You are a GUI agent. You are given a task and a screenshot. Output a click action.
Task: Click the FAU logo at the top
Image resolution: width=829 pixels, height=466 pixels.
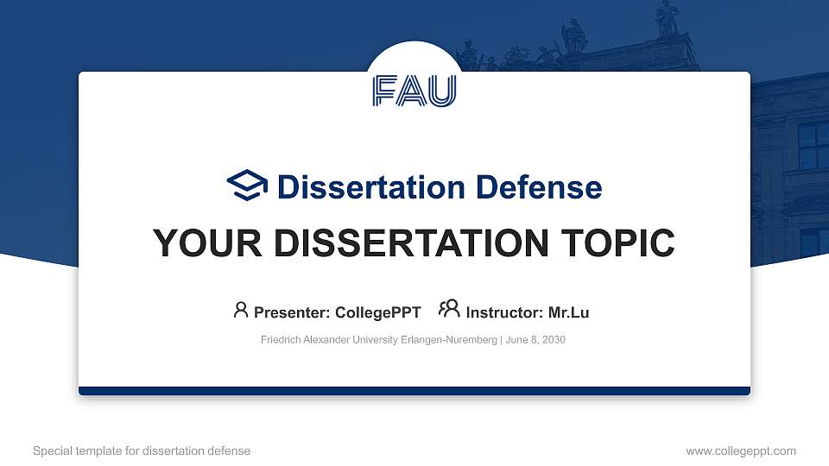point(414,91)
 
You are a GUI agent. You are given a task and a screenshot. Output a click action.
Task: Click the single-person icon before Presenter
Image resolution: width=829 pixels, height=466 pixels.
point(241,310)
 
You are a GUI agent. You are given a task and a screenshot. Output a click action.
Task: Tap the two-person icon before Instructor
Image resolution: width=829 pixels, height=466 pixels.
point(449,310)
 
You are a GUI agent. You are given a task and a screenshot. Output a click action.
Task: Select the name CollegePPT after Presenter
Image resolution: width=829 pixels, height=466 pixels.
point(378,312)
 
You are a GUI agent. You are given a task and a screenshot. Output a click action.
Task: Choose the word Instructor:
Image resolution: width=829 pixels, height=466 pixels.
point(504,312)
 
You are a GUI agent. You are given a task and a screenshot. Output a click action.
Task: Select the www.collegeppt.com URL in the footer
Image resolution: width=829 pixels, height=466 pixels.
point(741,450)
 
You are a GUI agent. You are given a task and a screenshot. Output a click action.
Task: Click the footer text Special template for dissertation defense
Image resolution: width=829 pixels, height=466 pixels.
point(142,450)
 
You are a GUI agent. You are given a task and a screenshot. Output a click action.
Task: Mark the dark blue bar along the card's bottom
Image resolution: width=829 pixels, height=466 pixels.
point(414,391)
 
